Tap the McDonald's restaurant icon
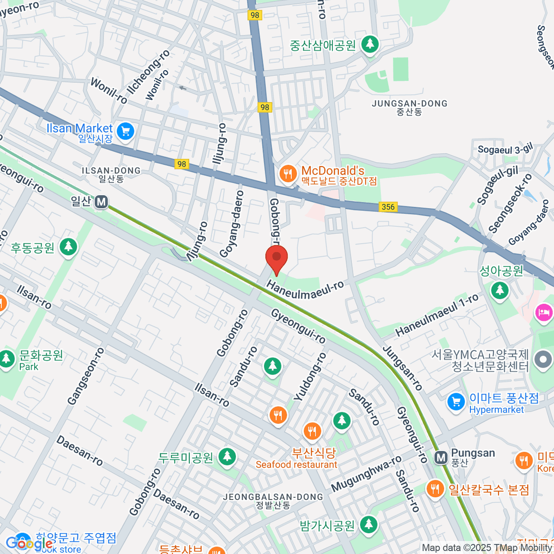tap(288, 174)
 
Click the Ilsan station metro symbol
tap(101, 202)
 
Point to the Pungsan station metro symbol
tap(441, 458)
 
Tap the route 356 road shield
tap(388, 207)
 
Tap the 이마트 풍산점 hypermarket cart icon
tap(456, 402)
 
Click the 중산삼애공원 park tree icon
tap(369, 44)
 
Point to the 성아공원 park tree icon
tap(500, 290)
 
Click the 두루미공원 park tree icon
tap(227, 457)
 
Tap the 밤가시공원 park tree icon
tap(368, 524)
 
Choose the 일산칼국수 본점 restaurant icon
tap(435, 489)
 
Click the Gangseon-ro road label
tap(86, 376)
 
